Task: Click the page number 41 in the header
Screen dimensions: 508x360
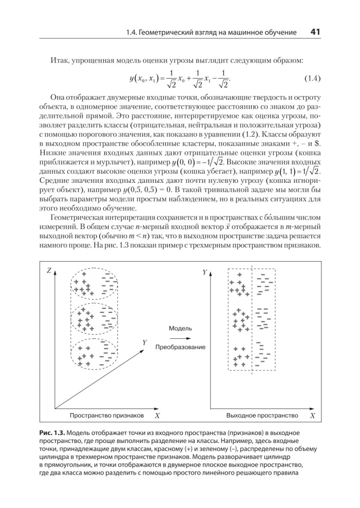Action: [314, 32]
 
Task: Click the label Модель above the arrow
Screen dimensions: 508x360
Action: [180, 329]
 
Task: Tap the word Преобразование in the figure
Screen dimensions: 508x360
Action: [180, 347]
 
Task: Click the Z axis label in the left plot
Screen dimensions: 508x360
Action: [49, 271]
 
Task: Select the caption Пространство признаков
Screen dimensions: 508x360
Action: [107, 416]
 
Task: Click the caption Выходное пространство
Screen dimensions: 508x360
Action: [262, 416]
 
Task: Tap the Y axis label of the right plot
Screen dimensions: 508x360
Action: [205, 272]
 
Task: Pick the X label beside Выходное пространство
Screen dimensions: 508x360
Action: [312, 416]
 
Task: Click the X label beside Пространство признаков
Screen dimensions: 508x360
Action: [157, 416]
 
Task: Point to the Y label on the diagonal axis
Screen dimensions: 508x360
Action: [144, 342]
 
